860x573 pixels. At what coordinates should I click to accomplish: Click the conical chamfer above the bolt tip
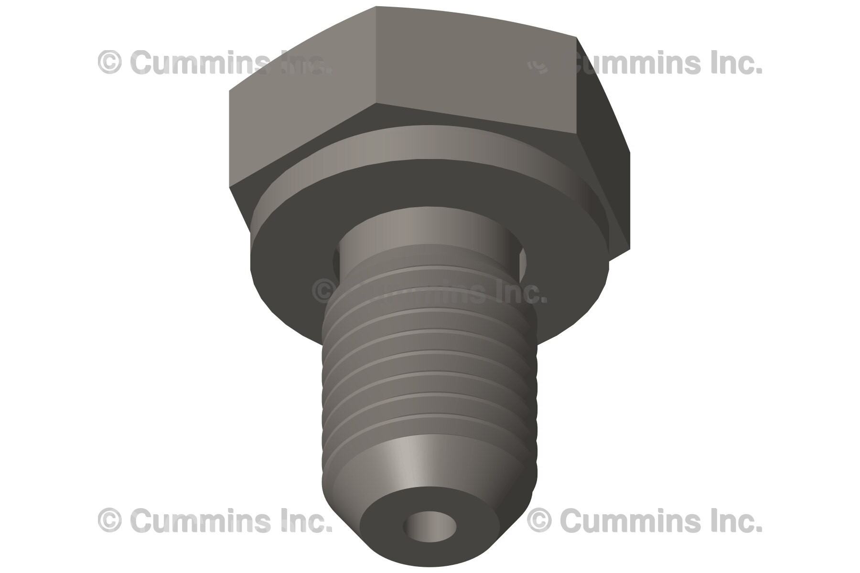(x=420, y=458)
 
